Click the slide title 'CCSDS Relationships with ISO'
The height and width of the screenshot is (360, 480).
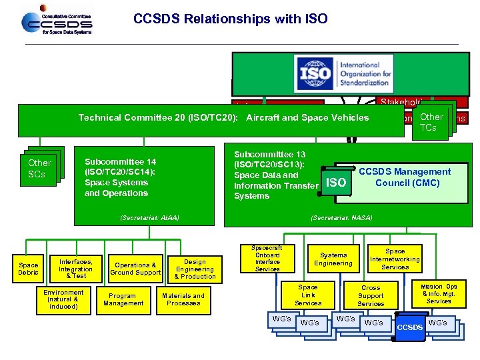tap(230, 19)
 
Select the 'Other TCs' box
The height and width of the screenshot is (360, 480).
tap(431, 122)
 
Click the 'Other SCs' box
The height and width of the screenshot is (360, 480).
tap(39, 168)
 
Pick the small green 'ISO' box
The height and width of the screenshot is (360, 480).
tap(337, 183)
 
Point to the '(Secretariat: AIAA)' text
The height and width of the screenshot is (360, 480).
tap(150, 218)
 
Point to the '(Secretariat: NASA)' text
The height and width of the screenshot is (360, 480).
tap(341, 218)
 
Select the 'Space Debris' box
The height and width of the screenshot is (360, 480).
tap(28, 268)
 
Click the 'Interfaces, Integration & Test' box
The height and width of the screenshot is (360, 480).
tap(75, 268)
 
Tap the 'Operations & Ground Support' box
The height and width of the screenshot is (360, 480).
tap(135, 268)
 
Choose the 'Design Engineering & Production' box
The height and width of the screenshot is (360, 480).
tap(195, 268)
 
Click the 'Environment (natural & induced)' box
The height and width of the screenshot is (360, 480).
tap(63, 299)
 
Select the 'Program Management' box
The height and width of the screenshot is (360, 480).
tap(123, 299)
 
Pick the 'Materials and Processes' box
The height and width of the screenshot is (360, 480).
tap(183, 299)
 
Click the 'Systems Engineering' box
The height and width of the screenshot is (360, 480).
tap(333, 259)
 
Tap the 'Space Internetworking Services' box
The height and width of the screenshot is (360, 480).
tap(395, 259)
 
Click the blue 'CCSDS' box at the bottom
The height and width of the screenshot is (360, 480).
tap(410, 327)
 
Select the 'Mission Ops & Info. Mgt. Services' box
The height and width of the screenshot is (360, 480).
tap(439, 293)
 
